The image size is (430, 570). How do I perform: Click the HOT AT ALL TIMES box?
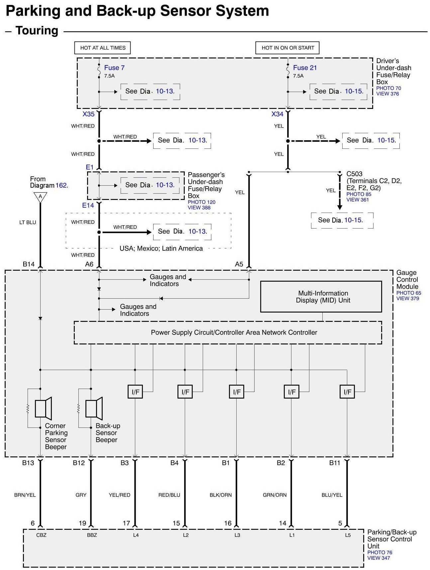point(102,48)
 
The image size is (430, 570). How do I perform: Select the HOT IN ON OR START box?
point(287,48)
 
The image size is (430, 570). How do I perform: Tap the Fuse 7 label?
point(114,68)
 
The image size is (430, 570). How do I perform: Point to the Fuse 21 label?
point(305,68)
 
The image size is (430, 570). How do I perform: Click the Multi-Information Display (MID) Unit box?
point(321,297)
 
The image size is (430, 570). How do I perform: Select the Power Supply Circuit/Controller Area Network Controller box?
point(228,332)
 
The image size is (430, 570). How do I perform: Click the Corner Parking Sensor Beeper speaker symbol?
point(43,408)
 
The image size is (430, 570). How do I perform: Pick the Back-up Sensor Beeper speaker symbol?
point(94,408)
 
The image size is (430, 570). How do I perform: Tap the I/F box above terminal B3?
point(135,392)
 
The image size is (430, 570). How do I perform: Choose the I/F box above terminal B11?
point(347,392)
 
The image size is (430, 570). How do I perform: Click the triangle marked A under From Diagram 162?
point(40,197)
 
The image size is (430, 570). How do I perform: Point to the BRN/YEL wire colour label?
point(25,495)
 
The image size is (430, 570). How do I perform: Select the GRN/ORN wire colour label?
point(274,495)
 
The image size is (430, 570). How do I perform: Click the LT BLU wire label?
point(28,222)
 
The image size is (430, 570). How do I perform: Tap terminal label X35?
point(89,114)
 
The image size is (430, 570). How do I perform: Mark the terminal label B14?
point(29,264)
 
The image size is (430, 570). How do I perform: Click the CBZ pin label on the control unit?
point(41,535)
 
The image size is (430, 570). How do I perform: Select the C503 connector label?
point(354,174)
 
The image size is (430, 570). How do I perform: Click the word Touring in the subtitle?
point(37,31)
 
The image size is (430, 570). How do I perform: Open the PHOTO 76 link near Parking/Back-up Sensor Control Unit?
point(379,552)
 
